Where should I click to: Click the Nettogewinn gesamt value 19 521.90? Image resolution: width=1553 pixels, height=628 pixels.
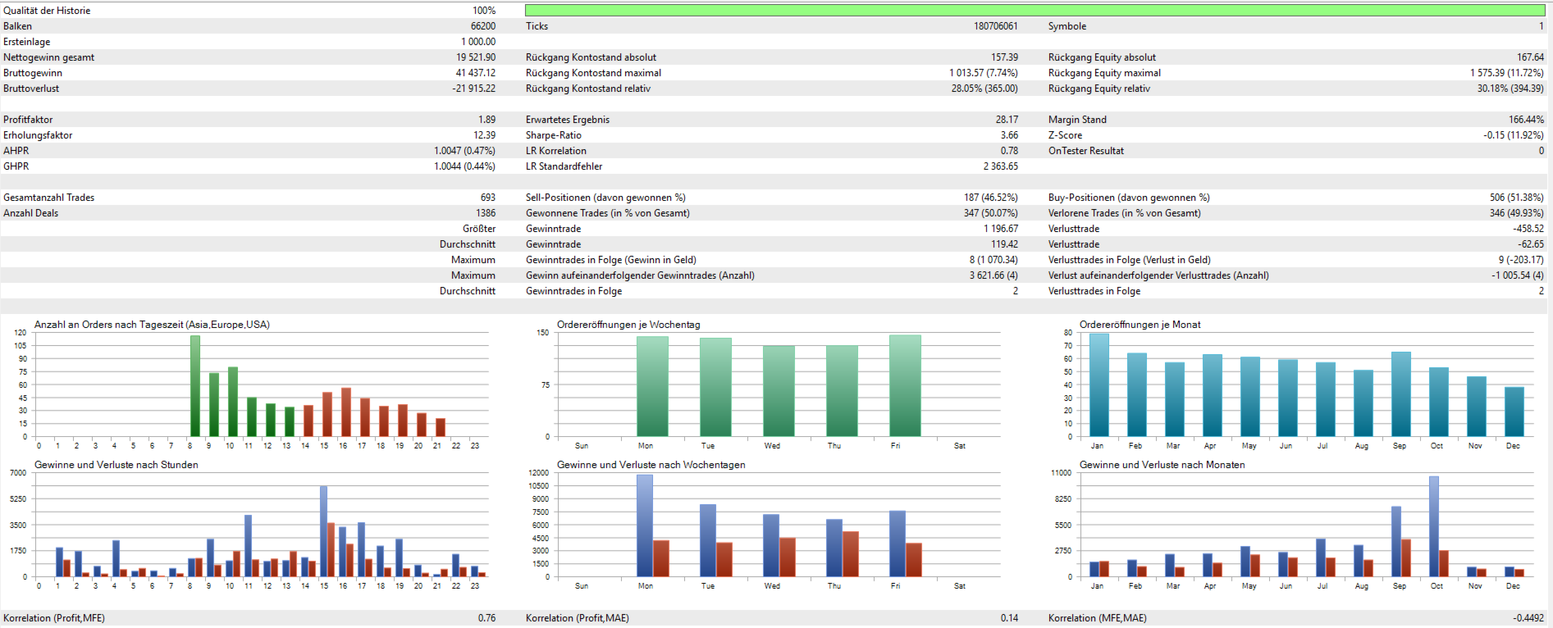click(475, 57)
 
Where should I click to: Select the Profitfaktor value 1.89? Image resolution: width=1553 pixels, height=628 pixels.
click(486, 120)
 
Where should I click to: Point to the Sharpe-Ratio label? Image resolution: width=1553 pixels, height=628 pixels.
click(553, 135)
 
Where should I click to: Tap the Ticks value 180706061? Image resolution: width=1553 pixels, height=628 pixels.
click(995, 26)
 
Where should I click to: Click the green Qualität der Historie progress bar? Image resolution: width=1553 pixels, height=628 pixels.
click(1035, 11)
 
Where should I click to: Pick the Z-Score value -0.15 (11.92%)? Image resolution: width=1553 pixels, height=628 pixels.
click(1513, 135)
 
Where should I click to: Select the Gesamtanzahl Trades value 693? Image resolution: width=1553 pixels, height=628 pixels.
click(487, 198)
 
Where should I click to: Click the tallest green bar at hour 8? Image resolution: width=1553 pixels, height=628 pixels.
click(195, 385)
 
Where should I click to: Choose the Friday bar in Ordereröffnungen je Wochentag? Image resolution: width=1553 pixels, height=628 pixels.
click(905, 385)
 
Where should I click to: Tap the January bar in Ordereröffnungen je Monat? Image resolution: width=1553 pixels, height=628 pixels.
click(1099, 385)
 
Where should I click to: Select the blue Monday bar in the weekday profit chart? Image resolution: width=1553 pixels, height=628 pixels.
click(645, 526)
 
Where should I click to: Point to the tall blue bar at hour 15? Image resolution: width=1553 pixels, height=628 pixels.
click(323, 531)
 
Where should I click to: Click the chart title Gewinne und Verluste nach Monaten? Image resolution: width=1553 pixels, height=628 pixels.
click(1162, 465)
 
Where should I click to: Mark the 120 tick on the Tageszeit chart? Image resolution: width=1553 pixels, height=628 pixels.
click(21, 333)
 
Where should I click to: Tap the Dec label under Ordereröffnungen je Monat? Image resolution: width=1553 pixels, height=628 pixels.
click(1513, 446)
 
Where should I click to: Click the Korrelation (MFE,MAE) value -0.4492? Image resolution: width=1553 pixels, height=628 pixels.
click(1528, 618)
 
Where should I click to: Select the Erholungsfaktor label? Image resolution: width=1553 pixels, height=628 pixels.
click(38, 135)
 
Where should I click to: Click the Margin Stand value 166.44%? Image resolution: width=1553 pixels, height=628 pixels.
click(1526, 120)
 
